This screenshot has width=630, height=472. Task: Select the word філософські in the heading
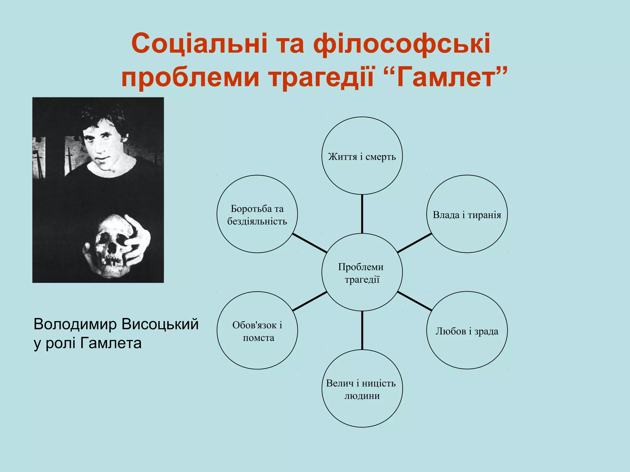[401, 44]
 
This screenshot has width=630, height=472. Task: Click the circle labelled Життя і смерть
[362, 155]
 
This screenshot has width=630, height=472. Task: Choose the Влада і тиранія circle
[467, 214]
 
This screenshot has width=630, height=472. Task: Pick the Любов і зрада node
[467, 330]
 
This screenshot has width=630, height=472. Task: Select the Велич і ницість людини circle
[362, 389]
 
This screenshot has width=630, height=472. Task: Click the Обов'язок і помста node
[257, 330]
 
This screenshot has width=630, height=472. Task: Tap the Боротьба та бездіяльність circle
[257, 214]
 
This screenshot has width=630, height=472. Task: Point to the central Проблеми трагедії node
[362, 272]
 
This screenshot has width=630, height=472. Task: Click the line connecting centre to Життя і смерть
[362, 214]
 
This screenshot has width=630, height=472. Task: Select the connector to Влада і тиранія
[414, 243]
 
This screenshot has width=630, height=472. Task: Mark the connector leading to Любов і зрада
[414, 301]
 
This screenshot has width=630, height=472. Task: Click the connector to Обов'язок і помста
[310, 301]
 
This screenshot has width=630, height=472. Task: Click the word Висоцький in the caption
[160, 324]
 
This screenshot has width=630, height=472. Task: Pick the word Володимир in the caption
[75, 324]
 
